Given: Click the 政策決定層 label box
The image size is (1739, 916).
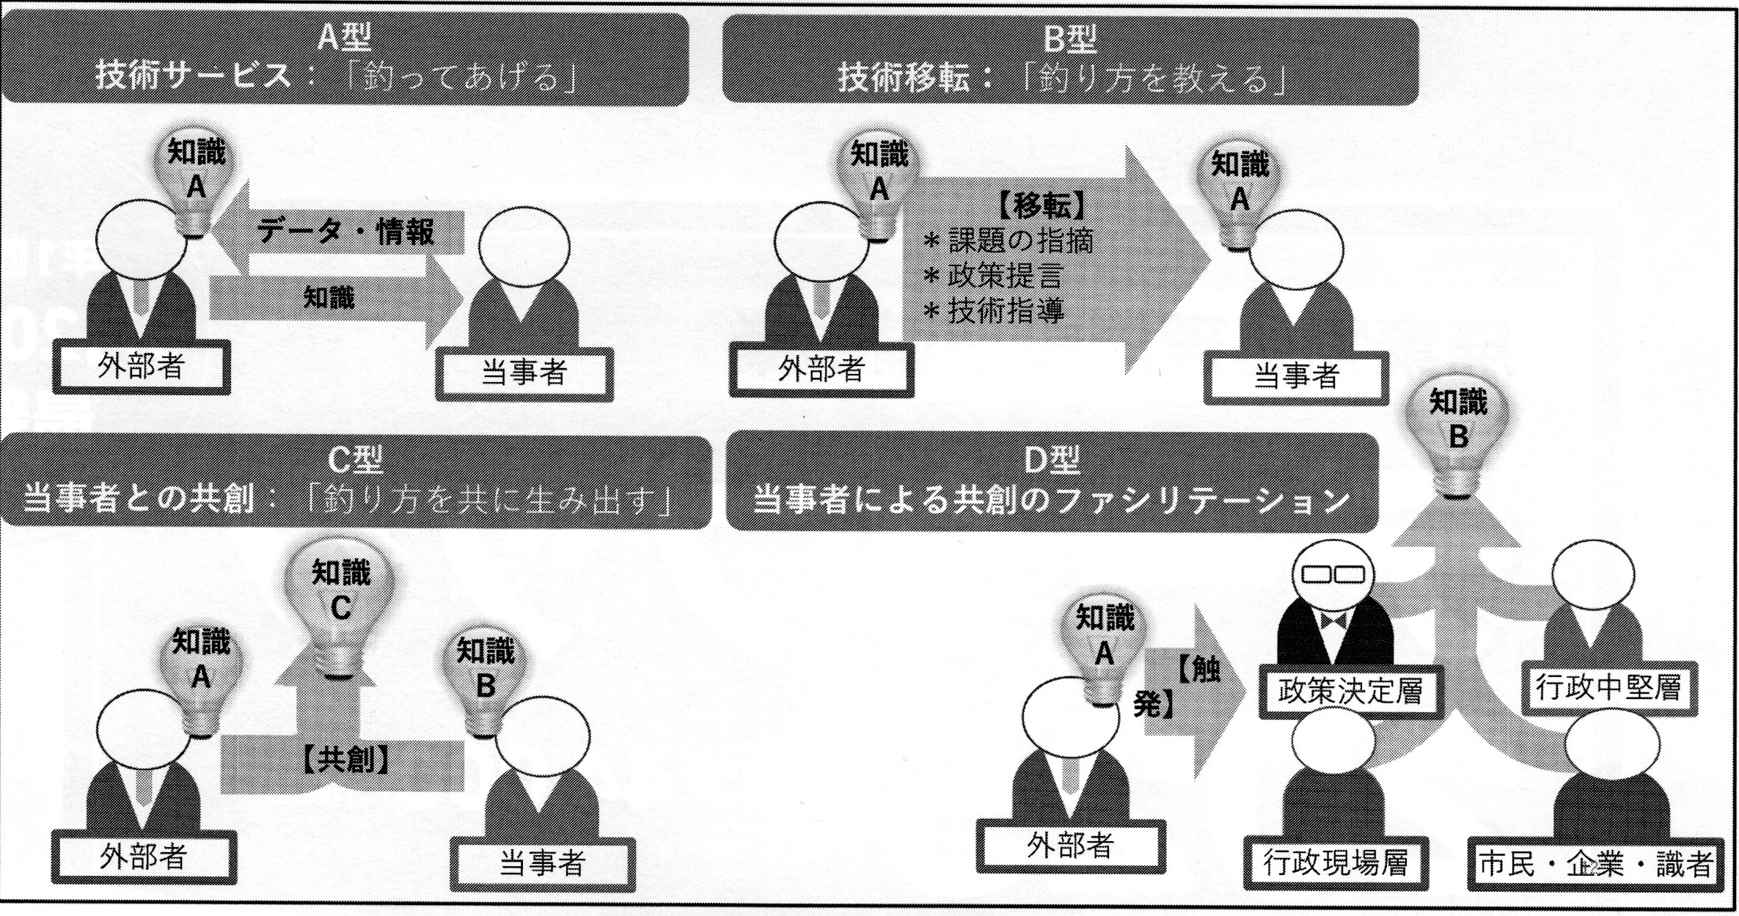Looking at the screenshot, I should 1350,692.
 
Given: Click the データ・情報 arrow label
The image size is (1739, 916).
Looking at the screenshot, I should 345,232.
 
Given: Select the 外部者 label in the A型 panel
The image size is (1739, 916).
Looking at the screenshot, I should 141,366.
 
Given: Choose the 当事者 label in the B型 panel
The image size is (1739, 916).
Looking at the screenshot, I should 1296,377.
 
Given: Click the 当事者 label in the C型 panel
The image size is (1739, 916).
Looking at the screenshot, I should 542,862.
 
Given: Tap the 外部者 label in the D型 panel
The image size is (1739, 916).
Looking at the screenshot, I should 1070,846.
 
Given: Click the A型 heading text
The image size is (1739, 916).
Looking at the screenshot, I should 345,37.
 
